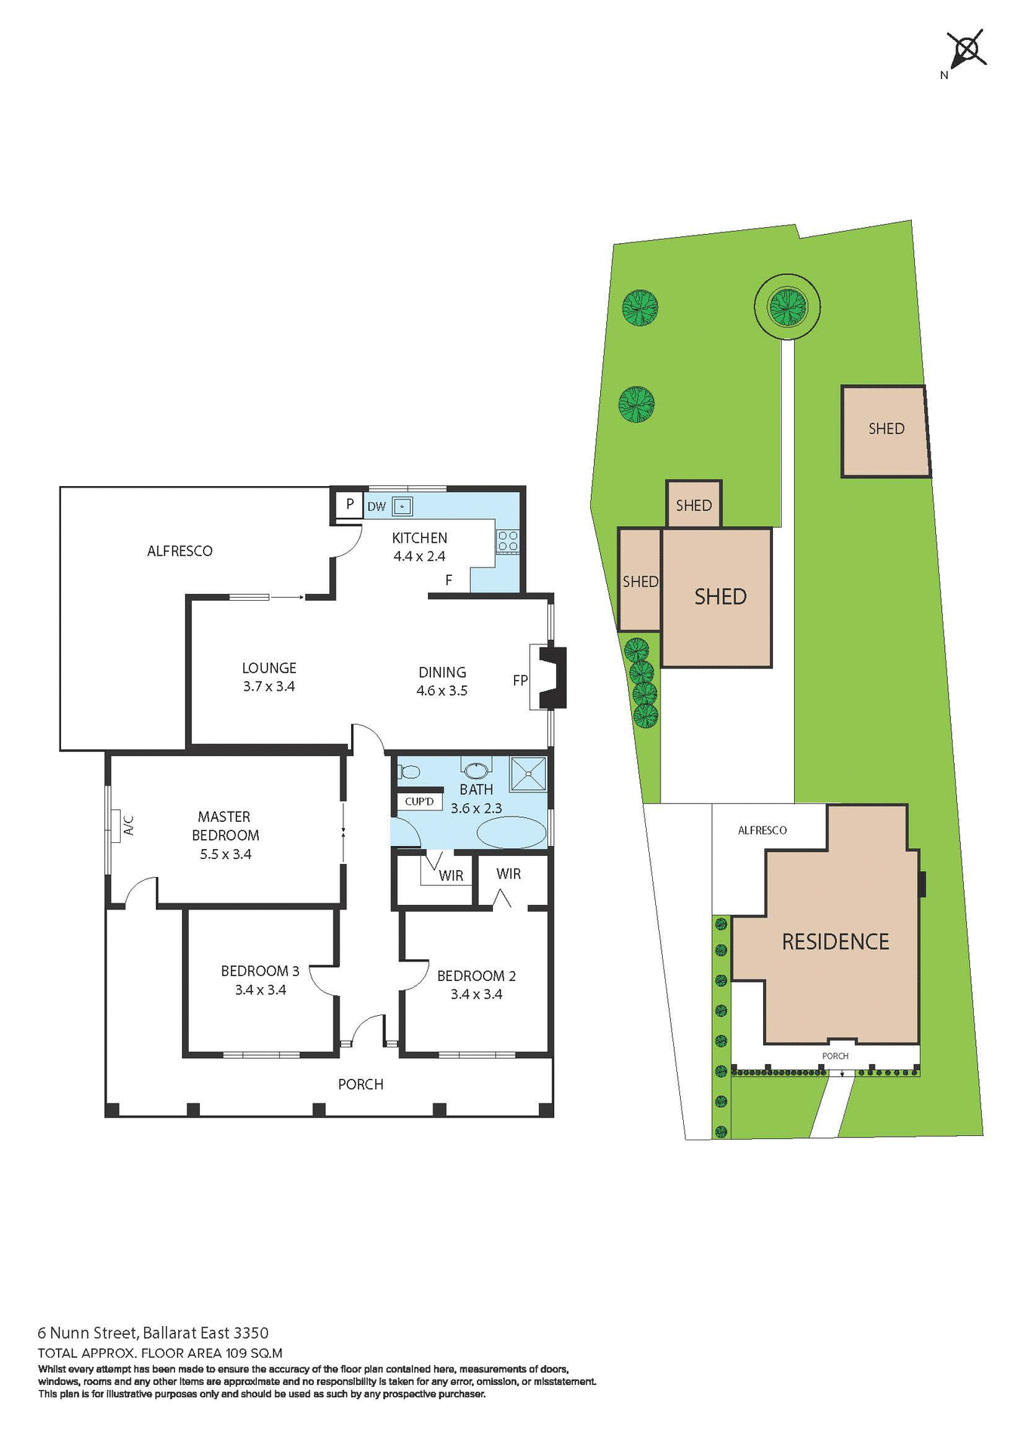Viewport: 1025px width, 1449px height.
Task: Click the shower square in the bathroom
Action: click(x=528, y=774)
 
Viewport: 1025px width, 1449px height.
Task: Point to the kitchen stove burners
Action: click(x=507, y=540)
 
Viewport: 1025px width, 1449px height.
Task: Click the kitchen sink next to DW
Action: click(x=402, y=506)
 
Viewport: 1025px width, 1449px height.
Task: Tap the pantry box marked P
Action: click(x=349, y=503)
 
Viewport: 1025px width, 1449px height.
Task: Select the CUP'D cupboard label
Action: click(x=420, y=801)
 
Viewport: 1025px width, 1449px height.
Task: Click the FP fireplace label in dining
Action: click(x=520, y=680)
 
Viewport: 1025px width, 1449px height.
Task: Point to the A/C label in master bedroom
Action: click(x=128, y=825)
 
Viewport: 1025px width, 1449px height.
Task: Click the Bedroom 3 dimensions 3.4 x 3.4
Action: click(x=260, y=990)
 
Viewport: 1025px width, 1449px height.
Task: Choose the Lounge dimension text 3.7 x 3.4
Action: click(x=269, y=687)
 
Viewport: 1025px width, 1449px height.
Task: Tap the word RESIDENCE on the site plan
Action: click(x=836, y=942)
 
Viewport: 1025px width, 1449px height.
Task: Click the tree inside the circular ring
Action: click(x=786, y=306)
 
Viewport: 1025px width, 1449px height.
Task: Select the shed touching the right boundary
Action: click(x=885, y=431)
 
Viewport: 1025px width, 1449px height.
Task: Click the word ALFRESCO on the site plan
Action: click(x=762, y=830)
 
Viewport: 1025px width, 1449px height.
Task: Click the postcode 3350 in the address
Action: click(x=251, y=1334)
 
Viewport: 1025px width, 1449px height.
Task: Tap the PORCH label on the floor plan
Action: click(x=361, y=1084)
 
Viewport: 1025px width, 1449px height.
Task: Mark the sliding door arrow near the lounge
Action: click(x=287, y=597)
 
